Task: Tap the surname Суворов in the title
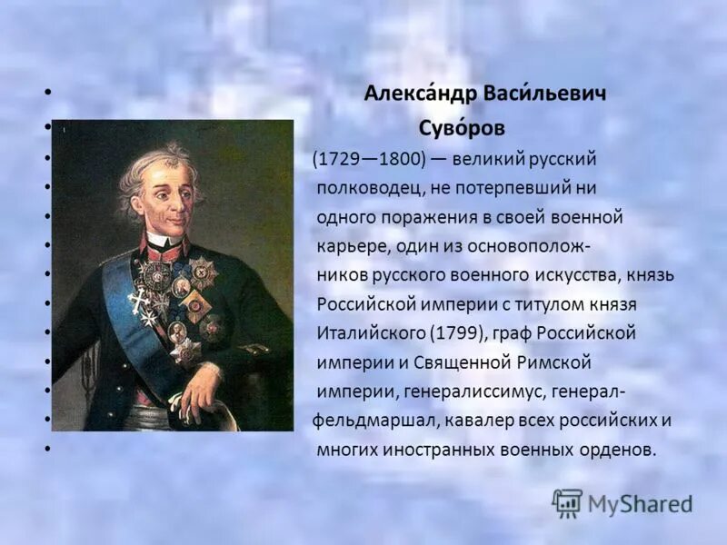462,128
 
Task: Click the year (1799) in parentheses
449,332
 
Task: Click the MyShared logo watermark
622,503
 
